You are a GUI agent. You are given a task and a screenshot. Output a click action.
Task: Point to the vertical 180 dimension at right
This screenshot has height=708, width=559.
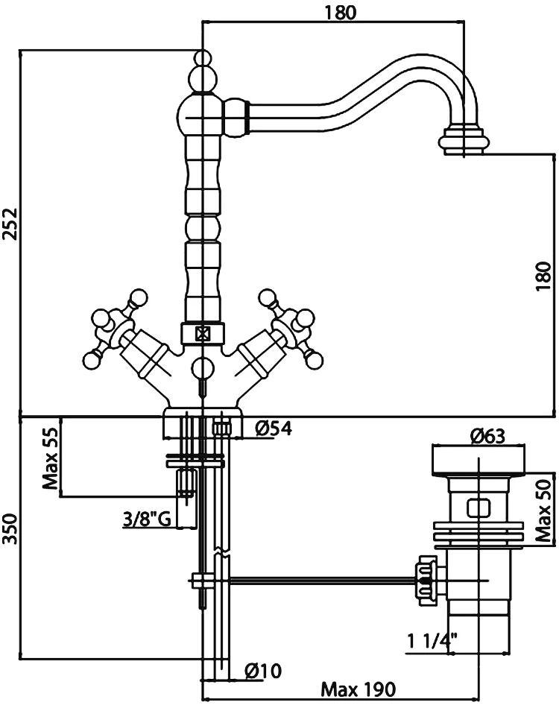click(x=544, y=276)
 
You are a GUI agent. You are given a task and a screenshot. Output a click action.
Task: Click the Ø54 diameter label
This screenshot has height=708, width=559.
click(x=272, y=429)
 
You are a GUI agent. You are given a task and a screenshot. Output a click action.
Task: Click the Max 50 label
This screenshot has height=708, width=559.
click(x=544, y=510)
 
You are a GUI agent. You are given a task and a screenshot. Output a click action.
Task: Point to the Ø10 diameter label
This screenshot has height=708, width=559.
click(x=262, y=671)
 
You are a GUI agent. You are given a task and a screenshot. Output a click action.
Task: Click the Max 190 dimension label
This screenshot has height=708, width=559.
click(x=358, y=689)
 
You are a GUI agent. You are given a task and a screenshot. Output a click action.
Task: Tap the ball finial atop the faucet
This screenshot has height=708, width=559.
click(x=202, y=58)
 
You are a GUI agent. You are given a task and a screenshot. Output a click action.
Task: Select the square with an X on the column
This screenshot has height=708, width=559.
click(x=202, y=335)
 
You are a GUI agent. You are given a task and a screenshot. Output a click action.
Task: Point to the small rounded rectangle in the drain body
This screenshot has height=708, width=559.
click(x=477, y=510)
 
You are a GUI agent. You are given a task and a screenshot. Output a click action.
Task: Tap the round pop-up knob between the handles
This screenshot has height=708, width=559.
click(x=202, y=367)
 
